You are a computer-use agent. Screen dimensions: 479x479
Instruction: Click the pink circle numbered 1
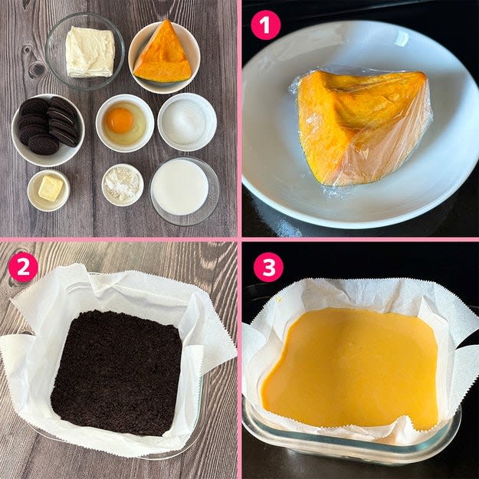coord(265,25)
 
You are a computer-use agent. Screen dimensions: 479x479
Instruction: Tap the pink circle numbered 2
coord(23,267)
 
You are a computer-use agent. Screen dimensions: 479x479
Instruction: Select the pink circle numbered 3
coord(268,267)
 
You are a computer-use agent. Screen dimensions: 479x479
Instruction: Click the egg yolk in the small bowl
coord(120,120)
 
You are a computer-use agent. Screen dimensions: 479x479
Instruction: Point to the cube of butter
coord(51,189)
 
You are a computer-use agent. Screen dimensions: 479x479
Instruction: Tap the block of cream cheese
coord(90,51)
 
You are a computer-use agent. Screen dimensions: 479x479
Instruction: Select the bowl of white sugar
coord(187,122)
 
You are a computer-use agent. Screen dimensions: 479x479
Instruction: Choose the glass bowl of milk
coord(184,192)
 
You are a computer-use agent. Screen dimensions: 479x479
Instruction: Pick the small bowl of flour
coord(123,185)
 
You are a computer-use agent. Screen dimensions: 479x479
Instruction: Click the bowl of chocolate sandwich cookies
coord(48,130)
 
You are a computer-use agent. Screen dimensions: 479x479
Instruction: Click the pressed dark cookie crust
coord(116,372)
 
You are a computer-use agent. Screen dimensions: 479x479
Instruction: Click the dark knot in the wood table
coord(37,69)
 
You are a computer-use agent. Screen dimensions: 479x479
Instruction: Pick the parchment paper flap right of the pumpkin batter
coord(458,376)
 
